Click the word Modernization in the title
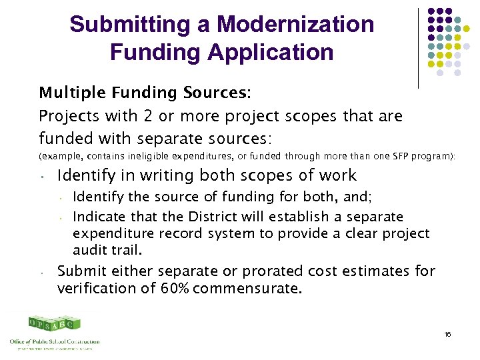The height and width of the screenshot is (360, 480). (295, 25)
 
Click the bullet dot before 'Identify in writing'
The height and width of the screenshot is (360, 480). (41, 178)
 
